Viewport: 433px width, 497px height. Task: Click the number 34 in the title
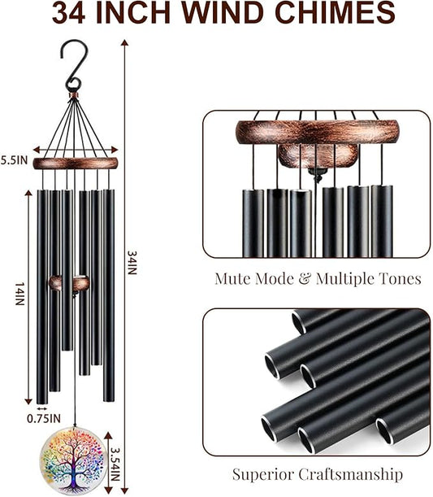click(69, 13)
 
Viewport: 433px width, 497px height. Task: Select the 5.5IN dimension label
click(15, 160)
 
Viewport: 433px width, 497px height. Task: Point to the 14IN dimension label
click(20, 294)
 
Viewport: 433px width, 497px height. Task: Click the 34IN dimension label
click(132, 263)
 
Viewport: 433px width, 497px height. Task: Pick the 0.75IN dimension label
click(44, 419)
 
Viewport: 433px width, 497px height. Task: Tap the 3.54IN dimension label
click(115, 464)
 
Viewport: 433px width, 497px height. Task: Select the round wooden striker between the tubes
click(69, 283)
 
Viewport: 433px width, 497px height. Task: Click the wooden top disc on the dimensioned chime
click(76, 163)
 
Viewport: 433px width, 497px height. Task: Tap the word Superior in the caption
click(263, 474)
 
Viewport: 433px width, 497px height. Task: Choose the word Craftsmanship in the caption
click(351, 475)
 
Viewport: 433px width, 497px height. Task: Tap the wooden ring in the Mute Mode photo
click(318, 132)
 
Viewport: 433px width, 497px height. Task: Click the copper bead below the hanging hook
click(74, 95)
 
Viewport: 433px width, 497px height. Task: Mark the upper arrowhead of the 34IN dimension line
click(125, 42)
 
